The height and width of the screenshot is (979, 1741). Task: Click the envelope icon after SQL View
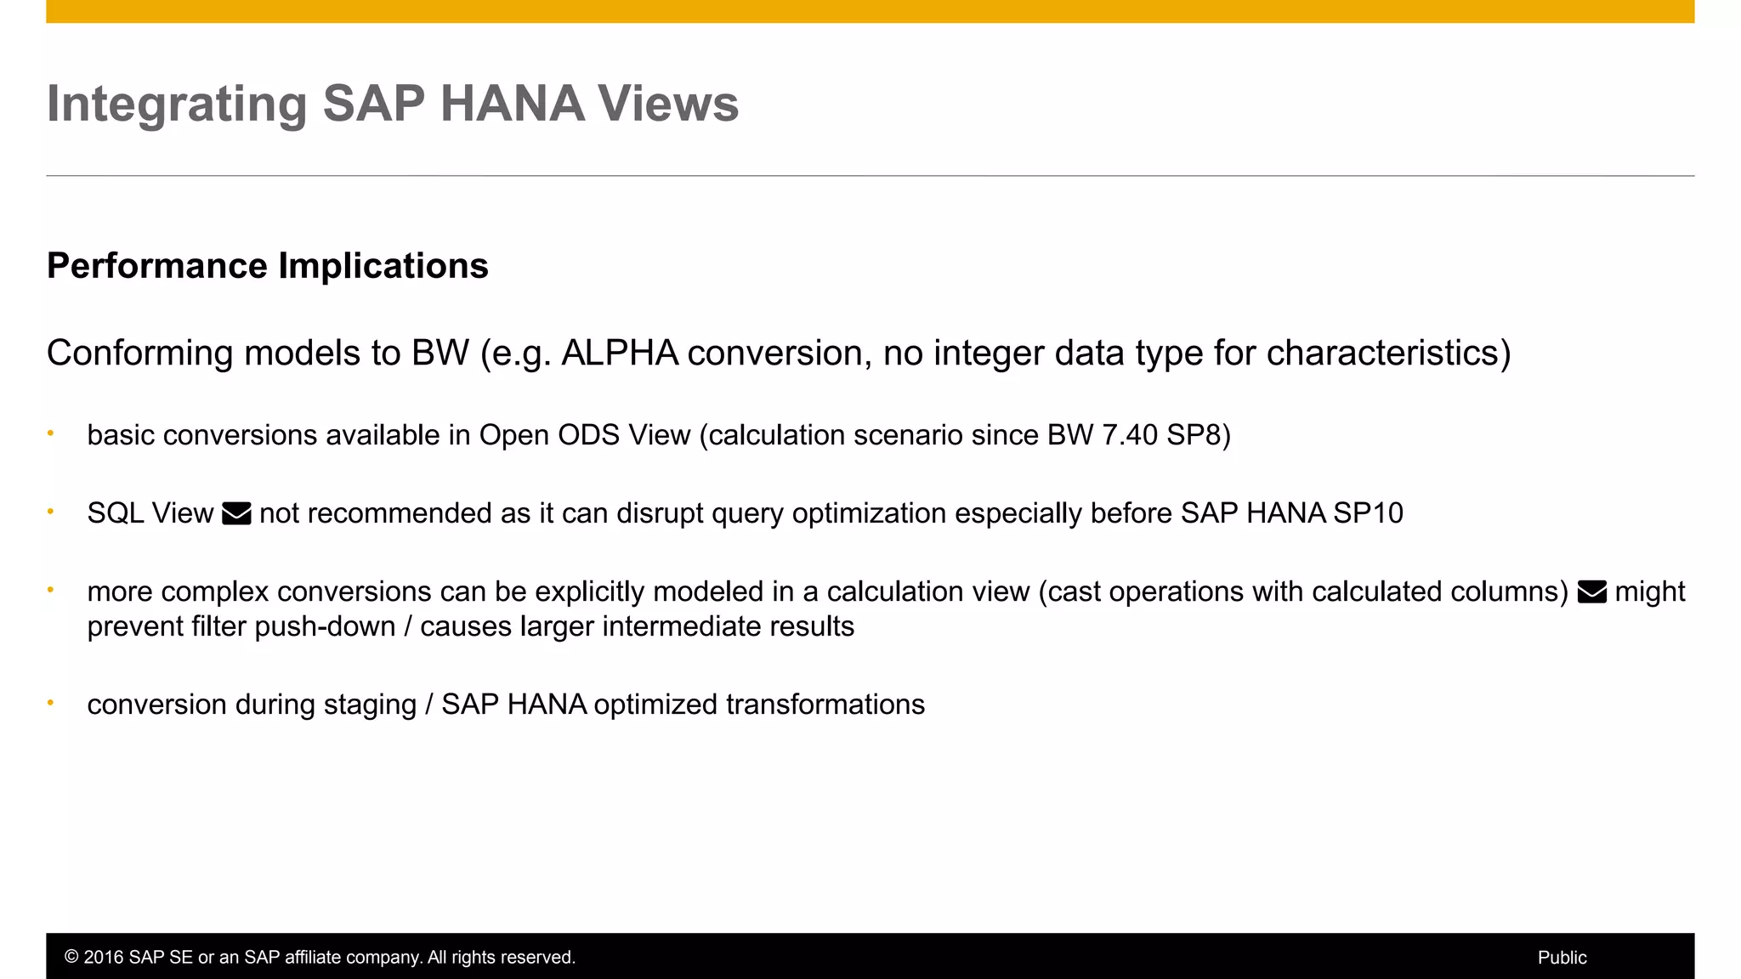(x=236, y=513)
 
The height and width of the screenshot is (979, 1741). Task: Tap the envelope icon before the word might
(x=1591, y=591)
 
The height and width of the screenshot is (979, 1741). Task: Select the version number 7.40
(x=1130, y=435)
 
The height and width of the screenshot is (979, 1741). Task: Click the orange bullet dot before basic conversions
(x=51, y=433)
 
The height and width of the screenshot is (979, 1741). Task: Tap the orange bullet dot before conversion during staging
(x=51, y=703)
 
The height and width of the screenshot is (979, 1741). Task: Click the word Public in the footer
(x=1562, y=958)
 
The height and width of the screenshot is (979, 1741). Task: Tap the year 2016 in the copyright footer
(x=103, y=958)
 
